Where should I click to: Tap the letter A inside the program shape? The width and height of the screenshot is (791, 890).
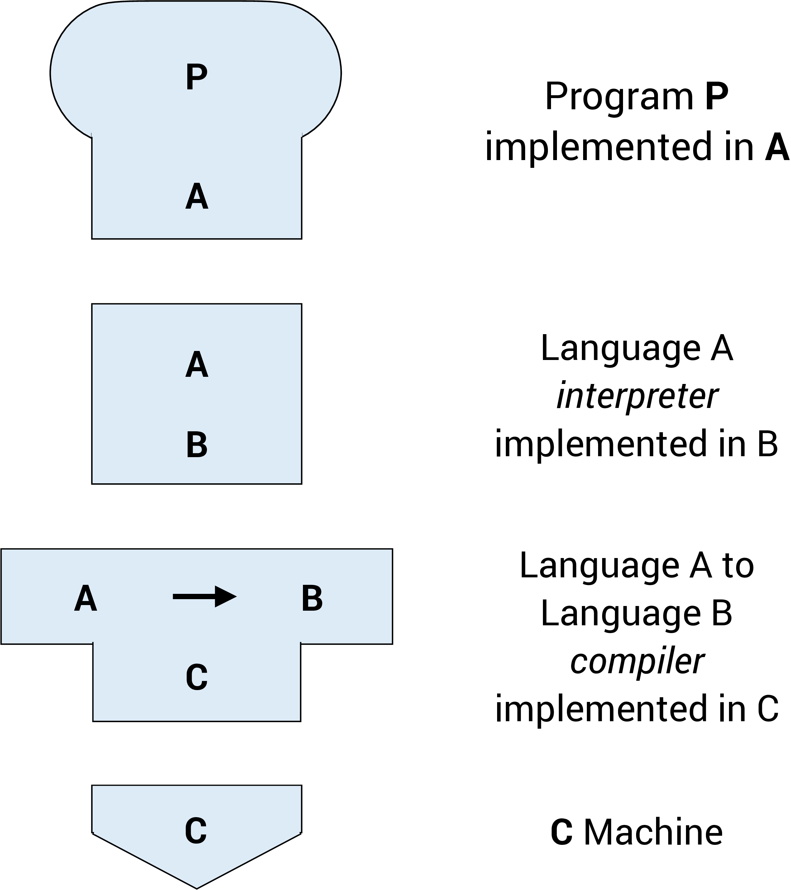(197, 197)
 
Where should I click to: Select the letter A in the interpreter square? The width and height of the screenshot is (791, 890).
(197, 365)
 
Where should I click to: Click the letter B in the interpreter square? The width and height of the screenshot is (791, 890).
(197, 445)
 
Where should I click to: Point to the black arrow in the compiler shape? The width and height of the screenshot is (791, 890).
(204, 597)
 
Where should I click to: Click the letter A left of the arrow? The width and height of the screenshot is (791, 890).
(85, 599)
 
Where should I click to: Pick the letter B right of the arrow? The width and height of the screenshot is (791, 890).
(312, 599)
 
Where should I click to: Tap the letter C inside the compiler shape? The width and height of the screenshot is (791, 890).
(197, 678)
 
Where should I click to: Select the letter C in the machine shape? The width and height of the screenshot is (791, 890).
(196, 831)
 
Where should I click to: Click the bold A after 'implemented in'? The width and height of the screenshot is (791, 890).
(777, 147)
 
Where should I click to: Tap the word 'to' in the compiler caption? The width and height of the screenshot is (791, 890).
(738, 566)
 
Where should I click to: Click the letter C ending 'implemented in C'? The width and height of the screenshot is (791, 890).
(767, 709)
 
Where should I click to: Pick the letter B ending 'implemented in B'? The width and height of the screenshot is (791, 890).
(767, 444)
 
